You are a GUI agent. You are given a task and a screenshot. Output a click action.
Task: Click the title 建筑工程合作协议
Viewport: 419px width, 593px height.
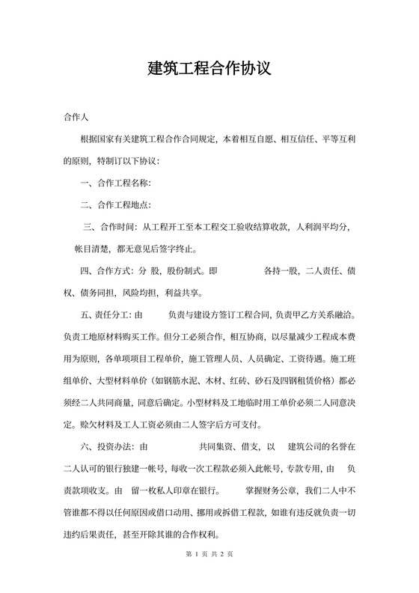pos(209,69)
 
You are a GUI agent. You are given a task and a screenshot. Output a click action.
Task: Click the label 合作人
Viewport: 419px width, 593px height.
pos(77,118)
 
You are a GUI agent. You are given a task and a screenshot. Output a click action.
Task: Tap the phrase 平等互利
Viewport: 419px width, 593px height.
pos(336,140)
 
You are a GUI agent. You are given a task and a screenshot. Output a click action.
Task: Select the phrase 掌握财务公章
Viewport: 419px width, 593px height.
pos(266,492)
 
